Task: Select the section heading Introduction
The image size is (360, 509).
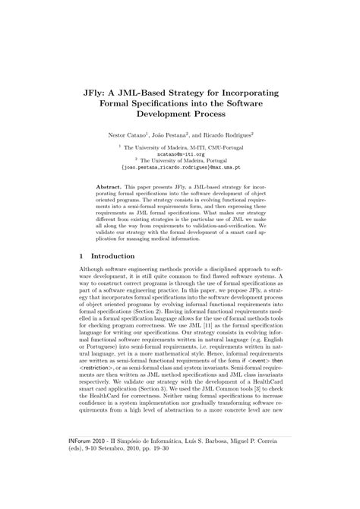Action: click(x=113, y=257)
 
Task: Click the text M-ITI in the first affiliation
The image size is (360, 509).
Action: click(x=189, y=146)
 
